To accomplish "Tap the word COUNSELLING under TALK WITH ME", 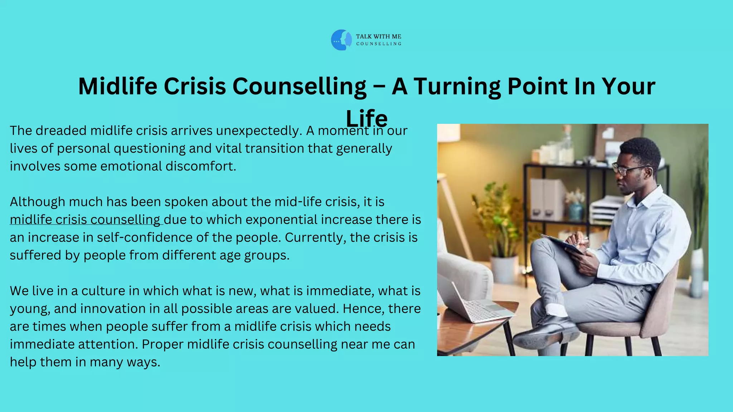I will [379, 44].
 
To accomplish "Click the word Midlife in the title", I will [117, 86].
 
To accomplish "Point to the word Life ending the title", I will [366, 118].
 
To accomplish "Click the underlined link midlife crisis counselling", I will [85, 220].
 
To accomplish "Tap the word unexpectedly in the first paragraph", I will [257, 131].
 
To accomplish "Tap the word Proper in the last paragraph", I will [162, 344].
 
